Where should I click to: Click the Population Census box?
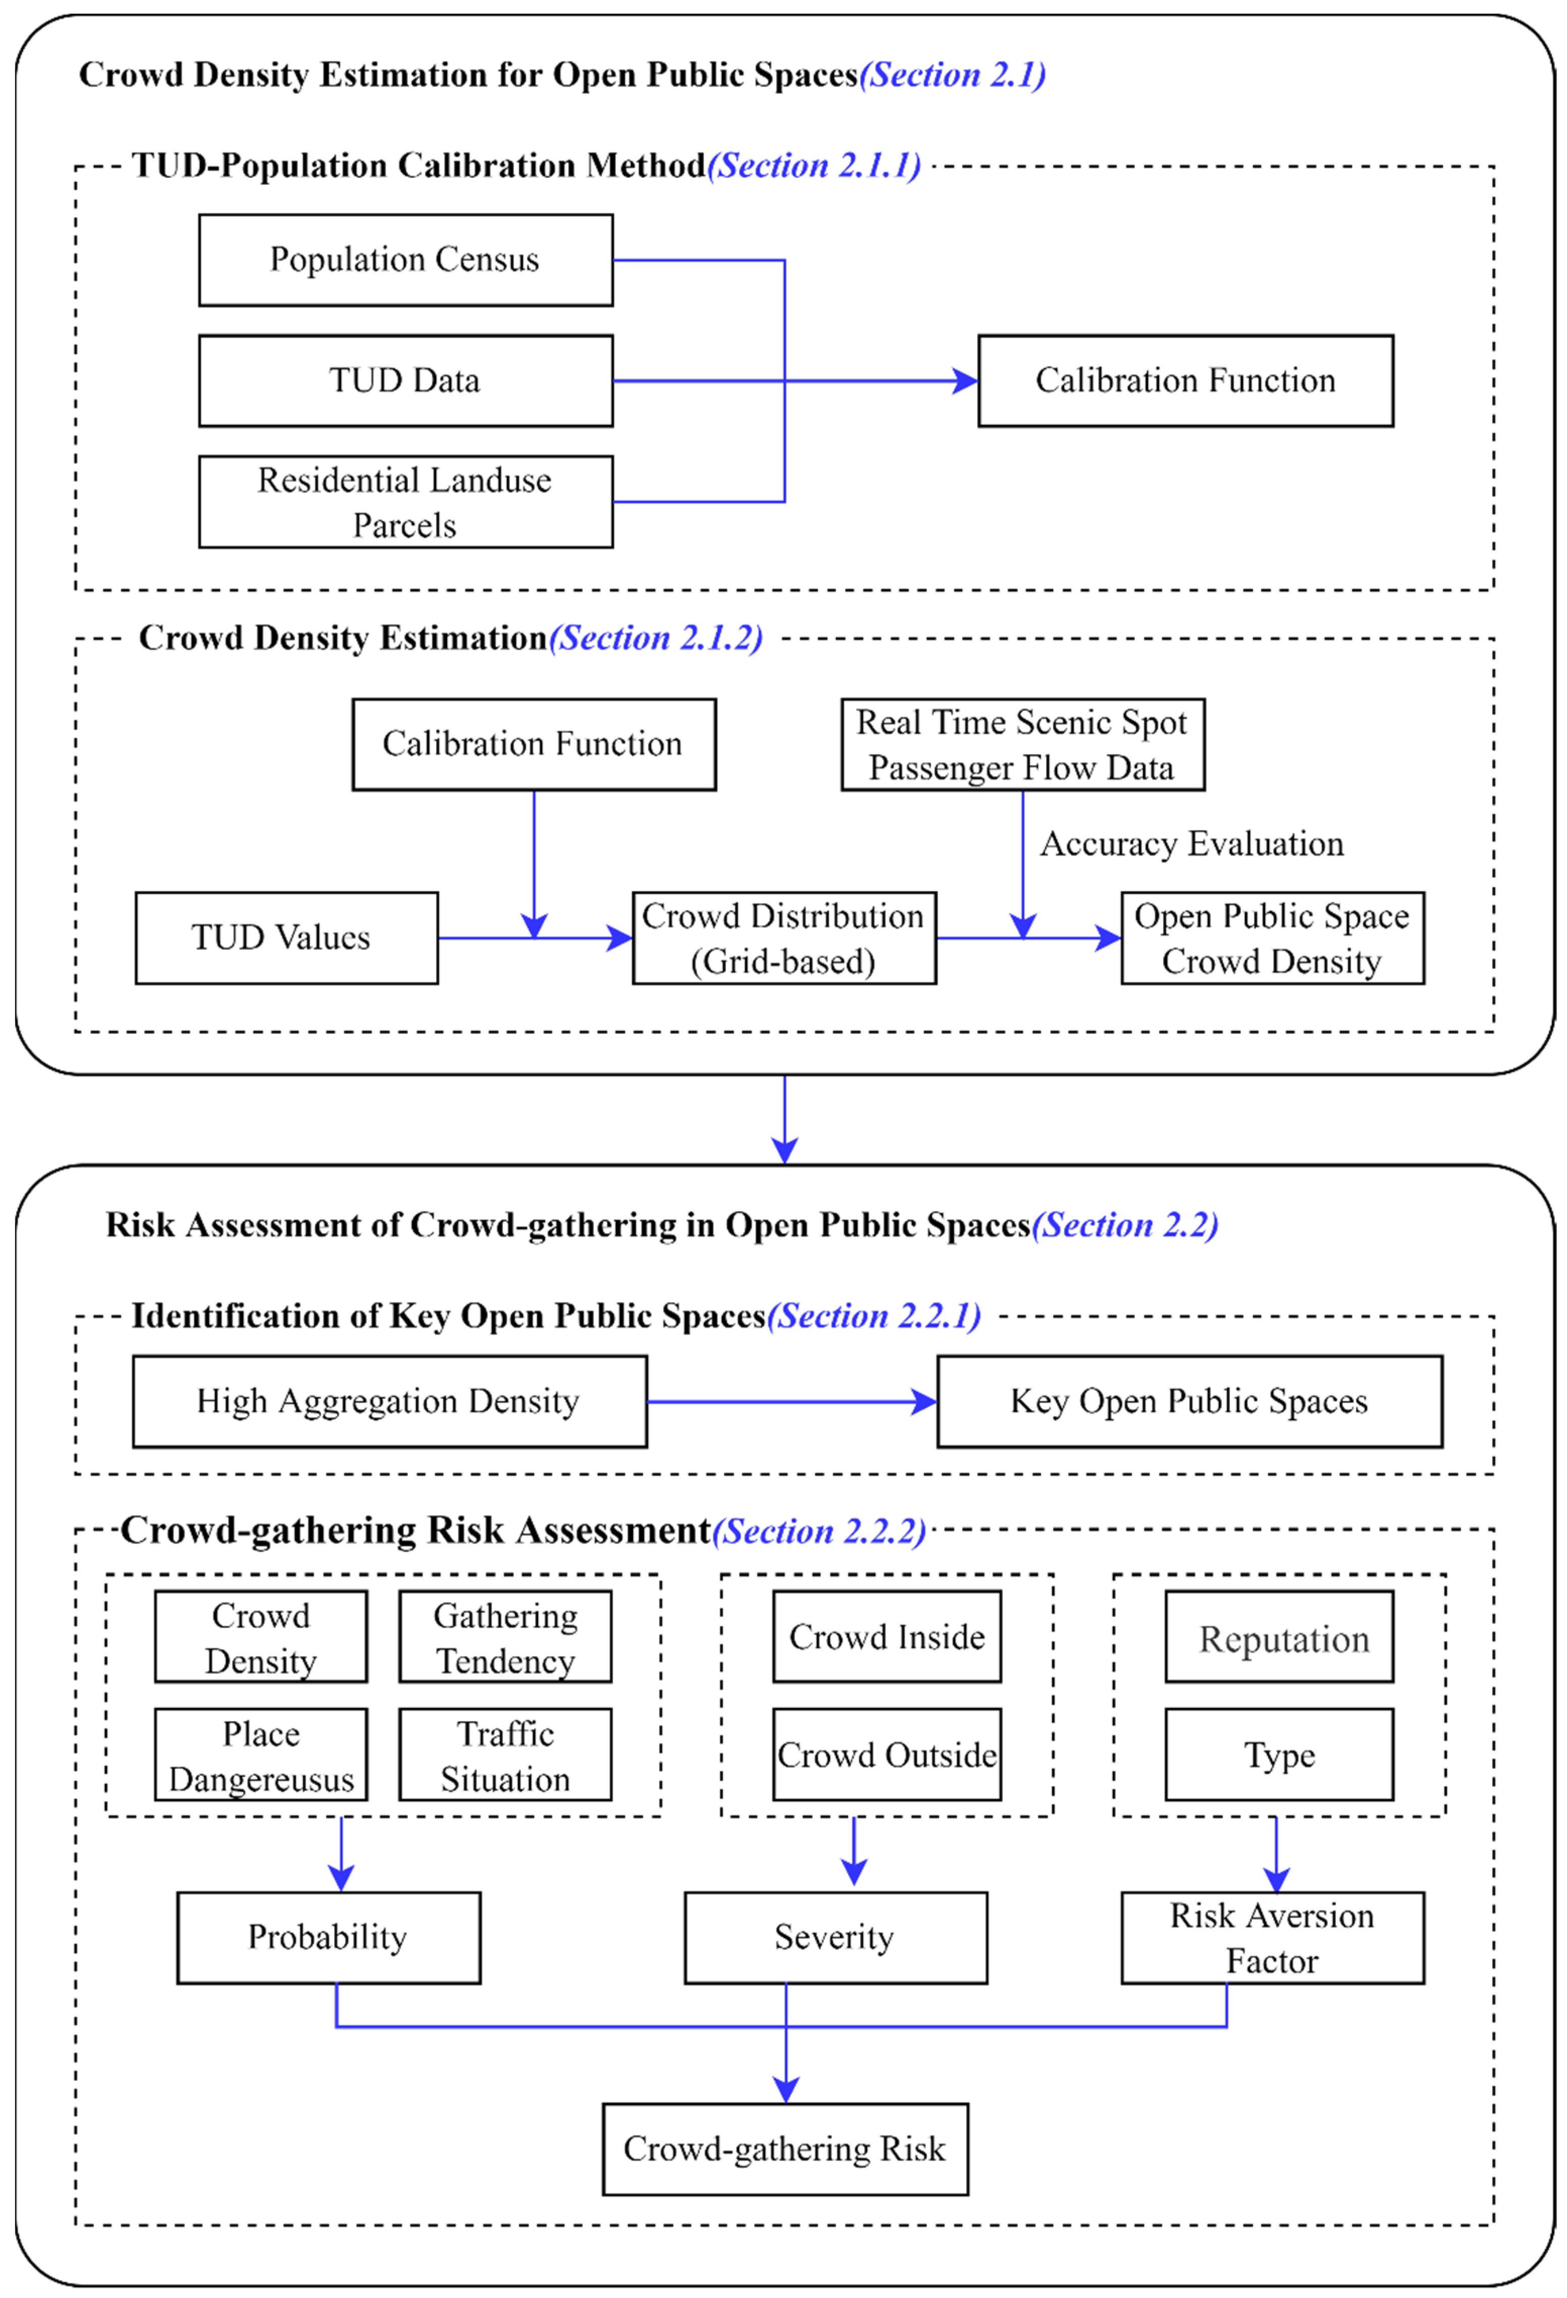point(405,260)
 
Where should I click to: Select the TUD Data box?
point(405,381)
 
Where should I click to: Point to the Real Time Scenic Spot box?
point(1022,744)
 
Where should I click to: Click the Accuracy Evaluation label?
point(1191,843)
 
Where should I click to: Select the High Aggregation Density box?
point(390,1401)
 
